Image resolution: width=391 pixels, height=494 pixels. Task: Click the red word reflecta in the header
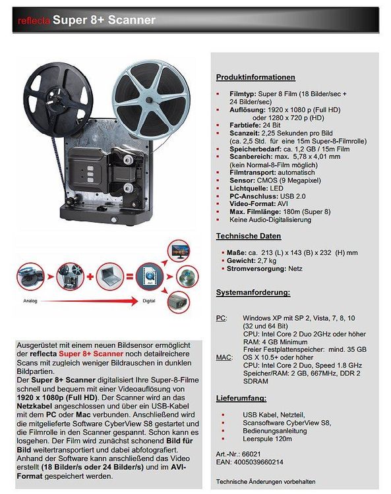coord(34,20)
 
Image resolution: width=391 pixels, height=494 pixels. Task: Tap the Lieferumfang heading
coord(241,398)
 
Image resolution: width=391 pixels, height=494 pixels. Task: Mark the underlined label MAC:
coord(224,356)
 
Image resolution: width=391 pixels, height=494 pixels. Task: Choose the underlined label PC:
coord(222,317)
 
